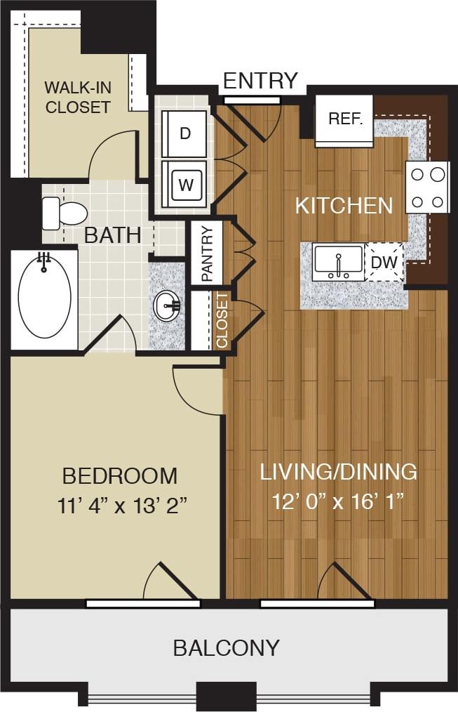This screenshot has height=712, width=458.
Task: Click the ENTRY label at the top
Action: [260, 81]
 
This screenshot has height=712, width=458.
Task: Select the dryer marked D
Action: [184, 133]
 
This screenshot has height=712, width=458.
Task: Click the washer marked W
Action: [184, 185]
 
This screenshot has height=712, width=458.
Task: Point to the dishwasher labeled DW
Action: [385, 262]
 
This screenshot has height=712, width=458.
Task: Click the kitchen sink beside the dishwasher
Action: [338, 263]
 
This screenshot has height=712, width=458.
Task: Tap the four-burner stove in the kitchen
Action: [427, 187]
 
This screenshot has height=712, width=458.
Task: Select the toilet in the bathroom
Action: [63, 213]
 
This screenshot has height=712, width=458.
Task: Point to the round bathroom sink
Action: [166, 305]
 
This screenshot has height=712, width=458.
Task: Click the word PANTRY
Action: [207, 253]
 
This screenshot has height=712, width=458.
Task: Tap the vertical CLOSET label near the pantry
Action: [222, 320]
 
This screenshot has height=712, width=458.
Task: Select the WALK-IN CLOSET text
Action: [77, 98]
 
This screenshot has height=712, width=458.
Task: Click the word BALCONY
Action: [227, 647]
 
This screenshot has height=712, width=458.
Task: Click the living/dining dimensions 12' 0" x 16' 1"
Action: [339, 502]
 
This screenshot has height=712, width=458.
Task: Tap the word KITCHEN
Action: [344, 206]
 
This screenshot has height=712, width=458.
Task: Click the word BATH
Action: [112, 235]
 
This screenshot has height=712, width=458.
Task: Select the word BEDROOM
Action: [119, 476]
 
